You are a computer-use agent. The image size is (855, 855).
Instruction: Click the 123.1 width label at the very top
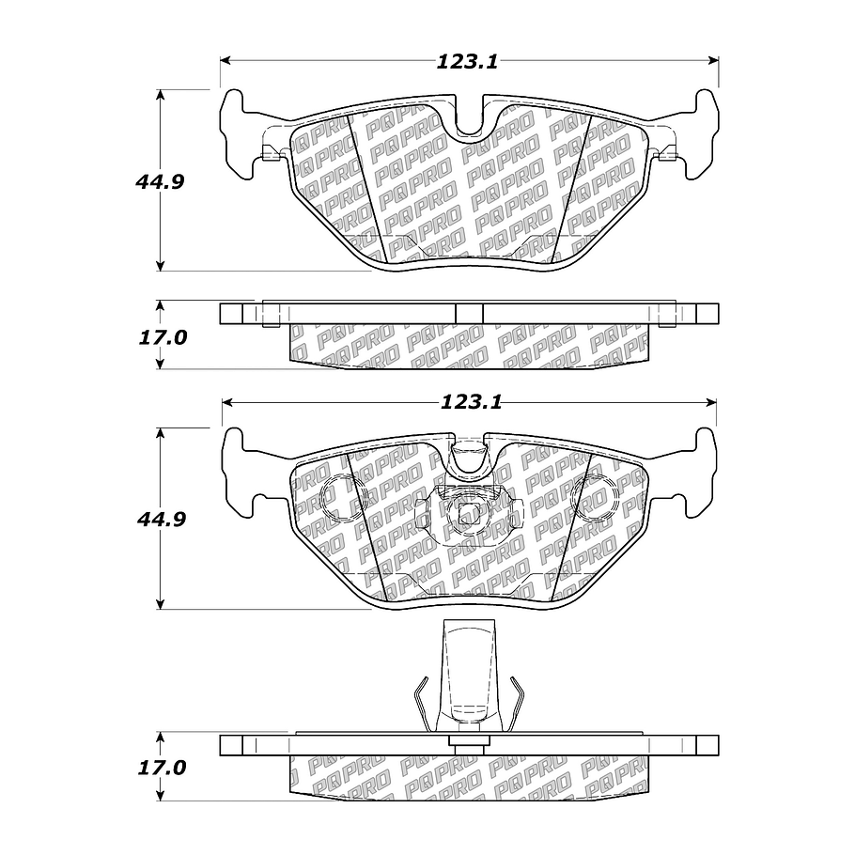coord(466,62)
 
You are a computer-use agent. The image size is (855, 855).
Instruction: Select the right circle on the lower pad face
coord(598,491)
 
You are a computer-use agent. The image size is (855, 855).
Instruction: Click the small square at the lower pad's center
coord(468,514)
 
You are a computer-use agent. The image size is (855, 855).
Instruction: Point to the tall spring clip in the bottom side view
coord(468,681)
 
